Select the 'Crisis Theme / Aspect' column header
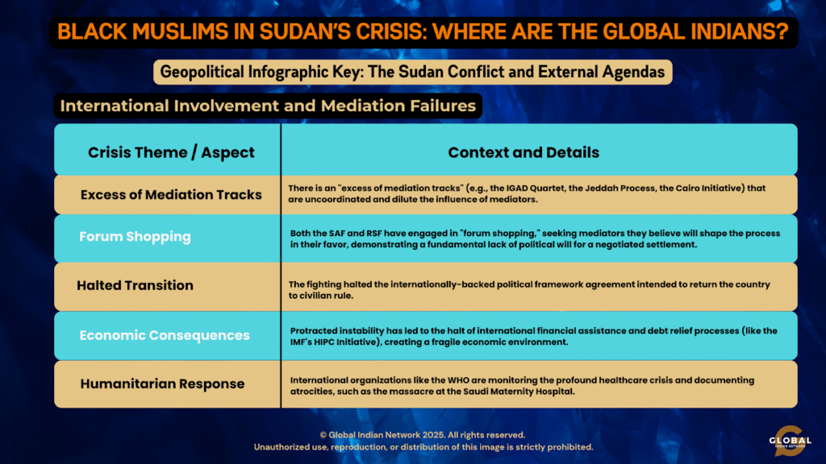(x=171, y=152)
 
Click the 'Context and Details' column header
(x=524, y=152)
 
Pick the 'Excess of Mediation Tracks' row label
(x=171, y=195)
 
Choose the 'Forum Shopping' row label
(x=135, y=237)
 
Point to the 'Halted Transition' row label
(x=135, y=285)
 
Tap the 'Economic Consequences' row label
(x=165, y=335)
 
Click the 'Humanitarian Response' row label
(x=162, y=383)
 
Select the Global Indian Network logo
(x=790, y=441)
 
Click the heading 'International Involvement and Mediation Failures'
(x=268, y=106)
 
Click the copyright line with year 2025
(x=422, y=435)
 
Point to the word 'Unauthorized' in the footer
(x=280, y=447)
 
